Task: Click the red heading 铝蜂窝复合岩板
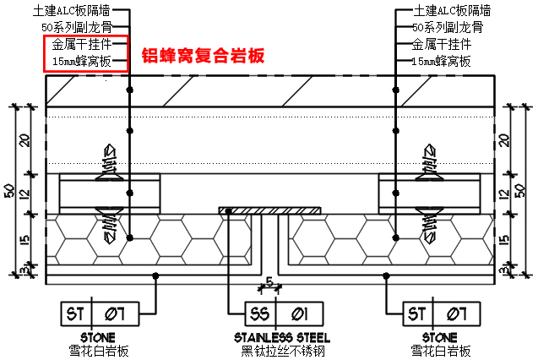(203, 57)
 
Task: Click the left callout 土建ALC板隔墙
(79, 11)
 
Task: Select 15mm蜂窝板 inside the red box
(83, 61)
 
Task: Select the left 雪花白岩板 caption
(99, 351)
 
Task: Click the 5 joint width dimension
(268, 281)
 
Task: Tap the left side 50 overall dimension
(8, 191)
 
